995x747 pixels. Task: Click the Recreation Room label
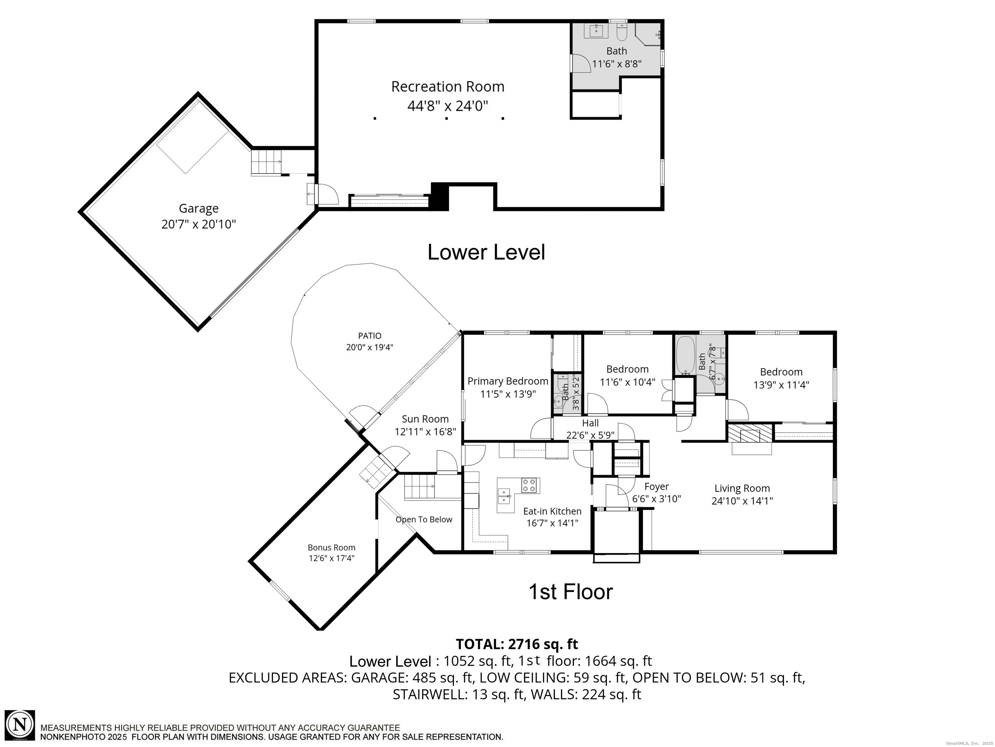click(448, 87)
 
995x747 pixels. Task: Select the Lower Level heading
click(486, 252)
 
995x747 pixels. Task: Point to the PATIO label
click(370, 336)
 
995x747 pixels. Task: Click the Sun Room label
click(425, 420)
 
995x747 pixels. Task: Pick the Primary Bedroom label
click(508, 381)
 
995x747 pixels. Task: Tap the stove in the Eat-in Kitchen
click(530, 485)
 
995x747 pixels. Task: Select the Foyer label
click(656, 487)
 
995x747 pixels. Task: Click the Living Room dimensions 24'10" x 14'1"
click(742, 501)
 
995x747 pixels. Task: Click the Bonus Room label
click(332, 548)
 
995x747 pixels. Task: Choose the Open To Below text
click(424, 520)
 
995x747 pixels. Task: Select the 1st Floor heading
click(570, 592)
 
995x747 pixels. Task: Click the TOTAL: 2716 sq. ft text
click(517, 644)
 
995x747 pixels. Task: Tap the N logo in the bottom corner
click(20, 725)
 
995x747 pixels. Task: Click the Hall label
click(590, 423)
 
